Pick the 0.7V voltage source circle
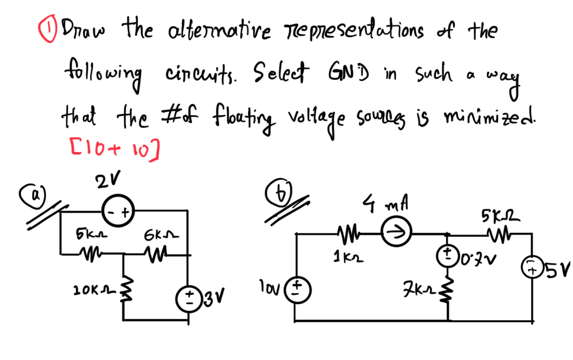pyautogui.click(x=448, y=255)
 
